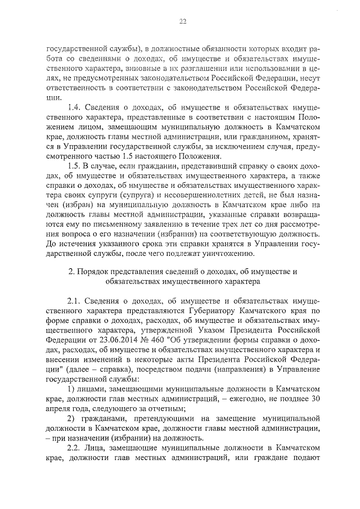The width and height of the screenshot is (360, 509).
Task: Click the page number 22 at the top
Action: click(x=182, y=22)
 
